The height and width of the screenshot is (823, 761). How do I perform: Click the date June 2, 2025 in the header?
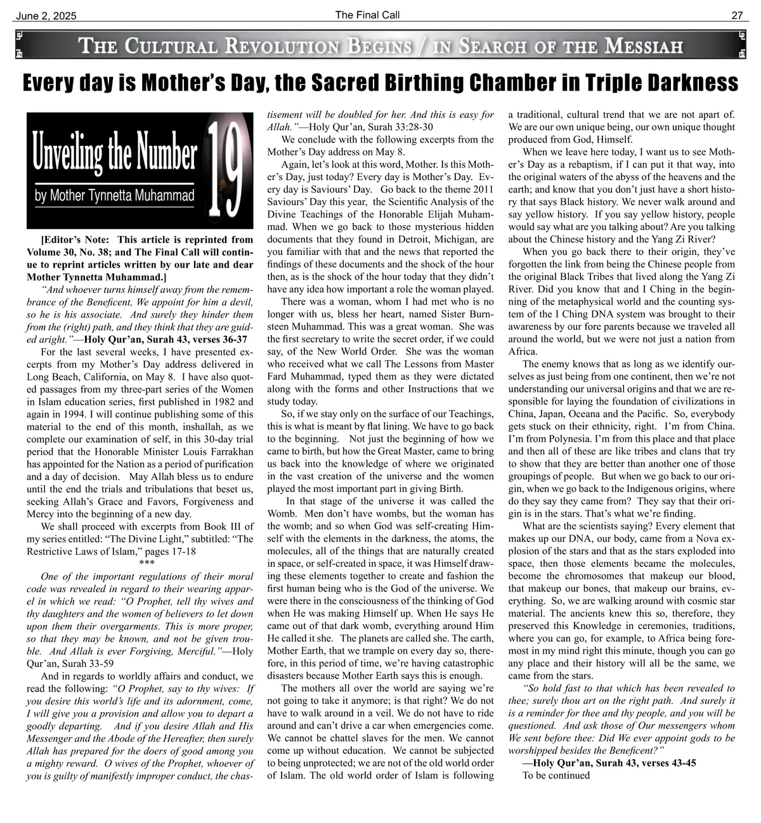45,16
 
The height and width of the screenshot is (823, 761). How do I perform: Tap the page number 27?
737,16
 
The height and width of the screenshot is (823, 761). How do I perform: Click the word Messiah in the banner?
644,46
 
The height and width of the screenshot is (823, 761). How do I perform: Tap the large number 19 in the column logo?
224,170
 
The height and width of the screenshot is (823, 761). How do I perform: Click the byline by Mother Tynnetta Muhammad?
114,195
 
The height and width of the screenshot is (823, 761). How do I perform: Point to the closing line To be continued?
556,775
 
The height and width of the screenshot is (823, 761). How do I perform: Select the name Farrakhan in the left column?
231,451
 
